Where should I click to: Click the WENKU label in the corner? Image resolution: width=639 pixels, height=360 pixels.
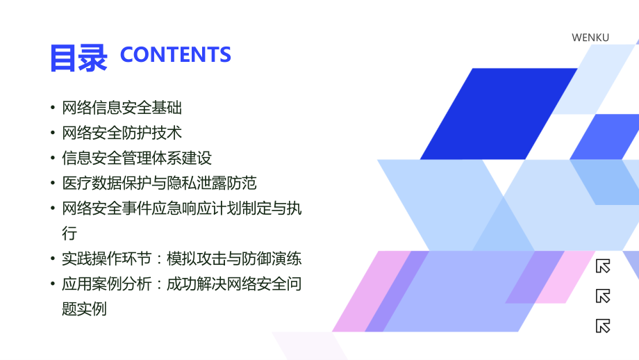point(590,38)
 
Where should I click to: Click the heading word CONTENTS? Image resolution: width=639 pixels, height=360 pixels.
point(176,55)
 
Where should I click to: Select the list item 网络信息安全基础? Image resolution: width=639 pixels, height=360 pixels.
point(122,108)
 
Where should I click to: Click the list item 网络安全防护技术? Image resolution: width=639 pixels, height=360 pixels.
point(122,133)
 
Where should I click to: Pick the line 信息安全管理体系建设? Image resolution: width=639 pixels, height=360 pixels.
point(137,158)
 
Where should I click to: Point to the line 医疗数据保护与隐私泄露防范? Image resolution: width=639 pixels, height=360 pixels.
point(159,183)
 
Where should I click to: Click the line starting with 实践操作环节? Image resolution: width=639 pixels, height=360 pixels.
point(181,259)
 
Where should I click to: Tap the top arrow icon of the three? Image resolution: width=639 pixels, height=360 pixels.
point(603,265)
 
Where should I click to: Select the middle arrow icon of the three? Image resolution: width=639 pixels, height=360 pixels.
point(603,295)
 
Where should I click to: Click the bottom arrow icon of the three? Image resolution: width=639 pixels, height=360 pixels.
point(603,325)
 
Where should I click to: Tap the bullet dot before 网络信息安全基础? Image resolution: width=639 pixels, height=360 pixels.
point(53,108)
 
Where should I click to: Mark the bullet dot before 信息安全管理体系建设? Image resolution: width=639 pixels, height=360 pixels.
point(53,158)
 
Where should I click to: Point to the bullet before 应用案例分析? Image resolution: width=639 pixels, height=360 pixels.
point(53,284)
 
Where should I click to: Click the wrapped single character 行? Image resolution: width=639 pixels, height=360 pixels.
point(69,233)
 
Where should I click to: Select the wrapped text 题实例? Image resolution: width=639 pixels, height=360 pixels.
point(84,309)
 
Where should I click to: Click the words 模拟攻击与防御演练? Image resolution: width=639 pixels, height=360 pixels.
point(234,259)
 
